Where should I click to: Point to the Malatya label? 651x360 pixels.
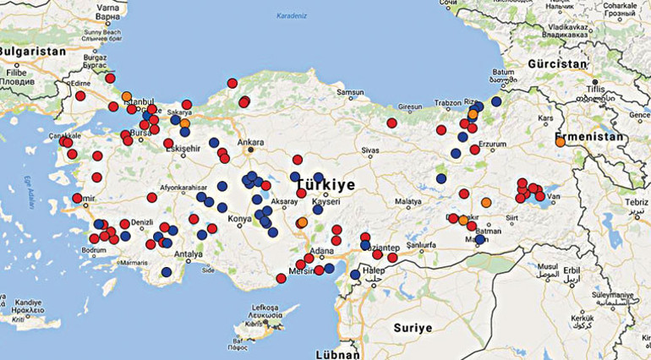tap(407, 202)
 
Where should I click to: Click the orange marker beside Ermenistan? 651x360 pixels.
tap(561, 141)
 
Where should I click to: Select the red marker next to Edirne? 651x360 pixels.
tap(80, 95)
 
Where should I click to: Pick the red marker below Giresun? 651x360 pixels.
tap(391, 123)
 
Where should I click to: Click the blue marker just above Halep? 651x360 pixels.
tap(355, 274)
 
